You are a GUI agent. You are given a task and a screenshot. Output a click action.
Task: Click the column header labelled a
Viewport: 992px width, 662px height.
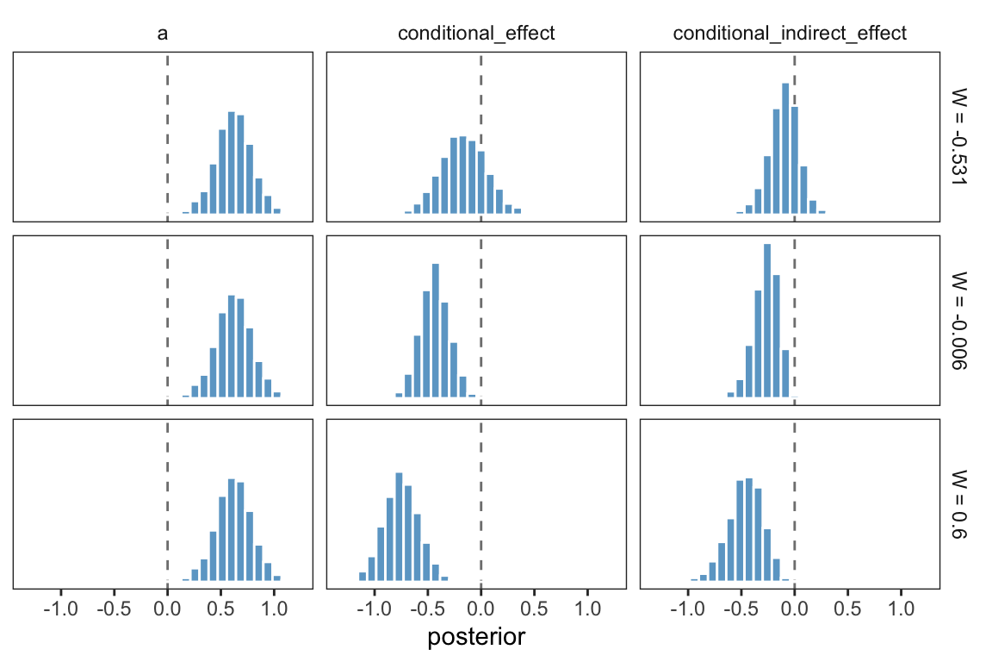tap(163, 34)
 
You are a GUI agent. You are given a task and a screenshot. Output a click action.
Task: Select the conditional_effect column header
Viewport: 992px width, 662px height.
tap(476, 34)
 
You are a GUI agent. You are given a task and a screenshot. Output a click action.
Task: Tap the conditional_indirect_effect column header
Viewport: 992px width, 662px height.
tap(790, 34)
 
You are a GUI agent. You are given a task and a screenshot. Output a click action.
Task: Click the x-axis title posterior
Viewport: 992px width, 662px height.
tap(476, 638)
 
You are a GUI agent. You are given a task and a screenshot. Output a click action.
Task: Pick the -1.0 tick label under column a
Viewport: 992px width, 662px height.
tap(59, 609)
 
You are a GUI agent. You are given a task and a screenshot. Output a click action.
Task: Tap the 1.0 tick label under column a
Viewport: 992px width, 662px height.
tap(274, 609)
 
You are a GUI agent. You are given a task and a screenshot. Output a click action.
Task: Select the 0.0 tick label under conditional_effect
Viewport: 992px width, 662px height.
tap(480, 609)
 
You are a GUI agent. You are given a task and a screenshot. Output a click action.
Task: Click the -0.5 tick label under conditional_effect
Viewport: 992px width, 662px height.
tap(427, 609)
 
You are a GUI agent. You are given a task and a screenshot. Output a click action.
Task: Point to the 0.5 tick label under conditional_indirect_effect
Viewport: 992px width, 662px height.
tap(847, 609)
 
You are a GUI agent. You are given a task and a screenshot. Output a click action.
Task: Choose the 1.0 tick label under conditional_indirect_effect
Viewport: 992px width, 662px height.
tap(901, 609)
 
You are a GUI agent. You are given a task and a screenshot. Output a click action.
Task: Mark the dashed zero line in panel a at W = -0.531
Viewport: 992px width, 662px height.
tap(167, 103)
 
